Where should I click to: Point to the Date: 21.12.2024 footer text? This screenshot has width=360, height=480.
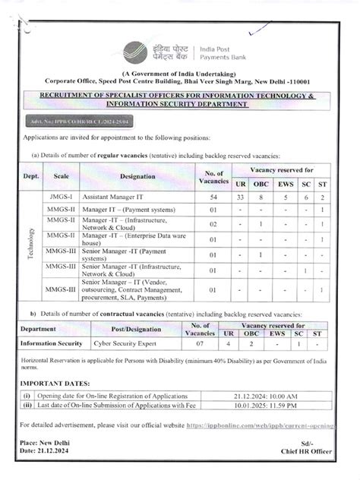(x=48, y=453)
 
